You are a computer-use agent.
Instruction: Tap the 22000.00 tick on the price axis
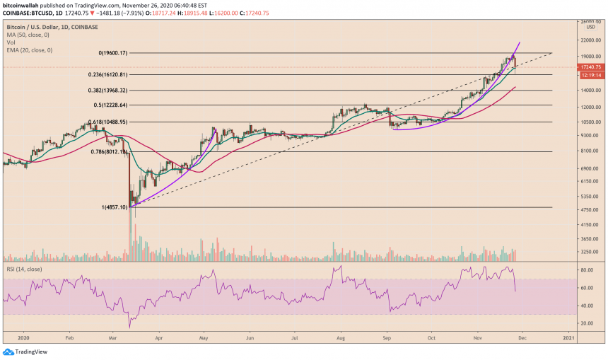(590, 38)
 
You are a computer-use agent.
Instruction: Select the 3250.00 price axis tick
(589, 252)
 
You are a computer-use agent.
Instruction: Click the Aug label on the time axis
(341, 338)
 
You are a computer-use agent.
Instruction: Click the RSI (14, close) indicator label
(23, 268)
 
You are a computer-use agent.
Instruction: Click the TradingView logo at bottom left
(21, 352)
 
